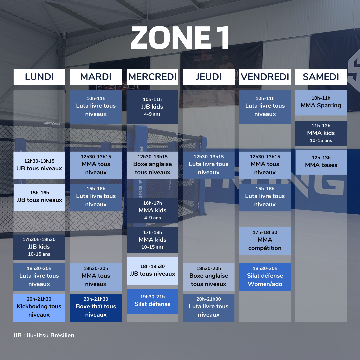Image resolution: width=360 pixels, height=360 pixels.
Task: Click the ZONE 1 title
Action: click(180, 38)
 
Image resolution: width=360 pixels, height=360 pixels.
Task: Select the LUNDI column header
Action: click(39, 77)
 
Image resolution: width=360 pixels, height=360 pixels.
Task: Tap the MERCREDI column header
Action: click(152, 77)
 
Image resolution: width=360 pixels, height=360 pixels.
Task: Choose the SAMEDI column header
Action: click(321, 77)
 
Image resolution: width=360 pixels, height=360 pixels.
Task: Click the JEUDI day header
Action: click(209, 77)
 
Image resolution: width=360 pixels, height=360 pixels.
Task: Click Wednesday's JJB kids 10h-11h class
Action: click(152, 107)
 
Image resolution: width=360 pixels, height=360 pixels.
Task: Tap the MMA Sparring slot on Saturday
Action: click(321, 103)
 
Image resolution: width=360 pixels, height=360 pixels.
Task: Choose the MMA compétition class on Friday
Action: click(265, 241)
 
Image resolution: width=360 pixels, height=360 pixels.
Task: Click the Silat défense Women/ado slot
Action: click(265, 277)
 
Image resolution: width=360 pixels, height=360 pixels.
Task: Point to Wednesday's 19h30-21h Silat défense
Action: click(152, 301)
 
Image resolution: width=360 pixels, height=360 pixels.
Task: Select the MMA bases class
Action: click(321, 162)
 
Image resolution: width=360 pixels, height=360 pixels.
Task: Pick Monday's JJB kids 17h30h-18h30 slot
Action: click(39, 247)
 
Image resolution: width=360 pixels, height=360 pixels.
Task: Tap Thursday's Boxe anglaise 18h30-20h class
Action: click(209, 277)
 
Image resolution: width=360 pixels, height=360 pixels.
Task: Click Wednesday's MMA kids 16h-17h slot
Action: click(152, 211)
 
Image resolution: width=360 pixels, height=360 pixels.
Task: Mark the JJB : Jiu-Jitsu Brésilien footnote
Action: click(44, 335)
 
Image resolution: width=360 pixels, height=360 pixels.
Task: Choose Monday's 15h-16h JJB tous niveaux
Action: click(39, 197)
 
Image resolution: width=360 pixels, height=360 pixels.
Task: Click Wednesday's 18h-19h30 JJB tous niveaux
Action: click(152, 271)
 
